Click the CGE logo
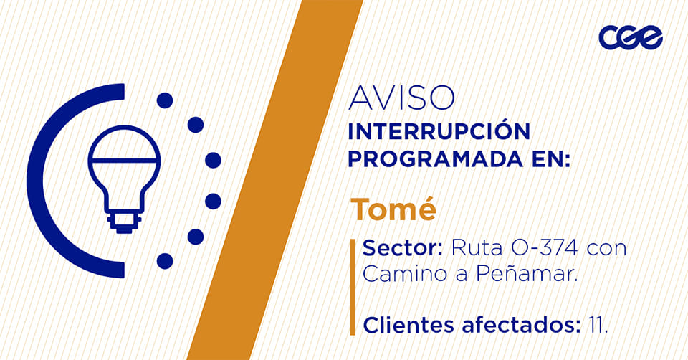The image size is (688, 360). pyautogui.click(x=631, y=37)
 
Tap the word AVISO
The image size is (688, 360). pyautogui.click(x=401, y=98)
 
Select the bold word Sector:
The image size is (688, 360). pyautogui.click(x=402, y=248)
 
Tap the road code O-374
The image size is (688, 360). pyautogui.click(x=545, y=248)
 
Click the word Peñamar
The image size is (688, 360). pyautogui.click(x=526, y=273)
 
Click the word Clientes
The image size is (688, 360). pyautogui.click(x=408, y=326)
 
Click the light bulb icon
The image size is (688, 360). pyautogui.click(x=124, y=179)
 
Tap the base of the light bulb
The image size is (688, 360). pyautogui.click(x=124, y=222)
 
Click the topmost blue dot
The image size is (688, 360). pyautogui.click(x=165, y=100)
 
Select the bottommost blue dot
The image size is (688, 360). pyautogui.click(x=165, y=261)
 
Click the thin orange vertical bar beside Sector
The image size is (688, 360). pyautogui.click(x=353, y=287)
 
